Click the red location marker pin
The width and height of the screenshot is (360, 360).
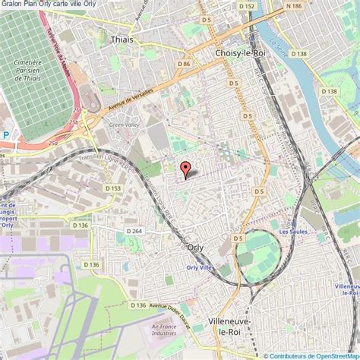point(185,169)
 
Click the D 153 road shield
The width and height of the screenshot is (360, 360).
point(112,188)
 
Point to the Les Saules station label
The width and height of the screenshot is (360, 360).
point(292,232)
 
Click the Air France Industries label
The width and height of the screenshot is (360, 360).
point(163,328)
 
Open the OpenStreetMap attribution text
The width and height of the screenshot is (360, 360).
point(311,354)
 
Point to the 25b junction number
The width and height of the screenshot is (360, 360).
point(74,122)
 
